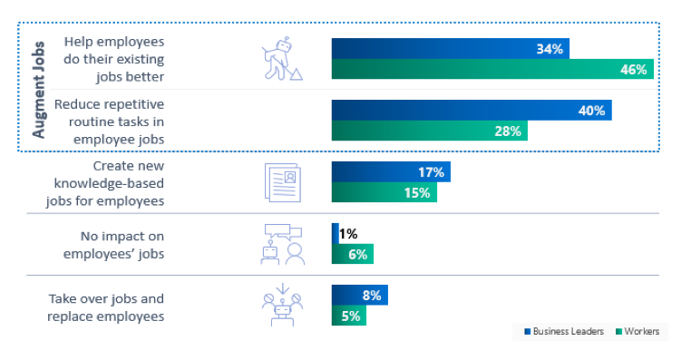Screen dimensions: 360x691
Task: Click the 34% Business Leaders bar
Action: (451, 49)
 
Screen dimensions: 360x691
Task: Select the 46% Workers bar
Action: (492, 70)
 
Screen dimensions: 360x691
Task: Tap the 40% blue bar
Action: (472, 111)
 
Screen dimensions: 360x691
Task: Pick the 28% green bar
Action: (429, 131)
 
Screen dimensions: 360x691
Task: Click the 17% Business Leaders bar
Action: (391, 172)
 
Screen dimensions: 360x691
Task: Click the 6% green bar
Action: (353, 255)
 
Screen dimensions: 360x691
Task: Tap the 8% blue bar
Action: (359, 295)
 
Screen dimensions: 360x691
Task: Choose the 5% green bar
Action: (349, 316)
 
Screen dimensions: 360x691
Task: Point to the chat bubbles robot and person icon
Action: (282, 244)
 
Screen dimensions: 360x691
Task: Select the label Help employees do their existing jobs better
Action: (113, 59)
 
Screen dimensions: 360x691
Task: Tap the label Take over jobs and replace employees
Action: (107, 306)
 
